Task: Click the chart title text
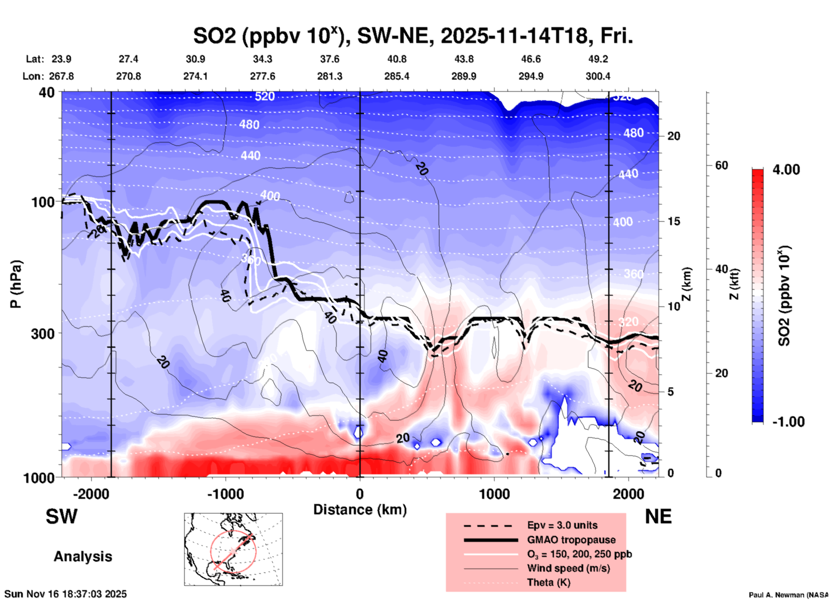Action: click(413, 36)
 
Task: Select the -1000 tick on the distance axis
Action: click(225, 494)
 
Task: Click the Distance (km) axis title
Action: click(360, 510)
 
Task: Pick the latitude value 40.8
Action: click(396, 59)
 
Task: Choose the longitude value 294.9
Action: click(531, 76)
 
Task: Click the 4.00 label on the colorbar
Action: click(786, 170)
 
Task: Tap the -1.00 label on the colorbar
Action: click(788, 421)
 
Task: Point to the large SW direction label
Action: click(62, 516)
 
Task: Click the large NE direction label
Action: click(658, 516)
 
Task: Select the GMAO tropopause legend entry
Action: click(571, 540)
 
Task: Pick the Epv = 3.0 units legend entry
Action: click(562, 525)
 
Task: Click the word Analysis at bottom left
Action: click(83, 557)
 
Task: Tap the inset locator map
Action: click(233, 549)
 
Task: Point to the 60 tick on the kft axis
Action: click(721, 165)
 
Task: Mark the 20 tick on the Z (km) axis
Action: click(674, 136)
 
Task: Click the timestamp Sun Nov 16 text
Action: click(65, 594)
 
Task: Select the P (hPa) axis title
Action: click(16, 284)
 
